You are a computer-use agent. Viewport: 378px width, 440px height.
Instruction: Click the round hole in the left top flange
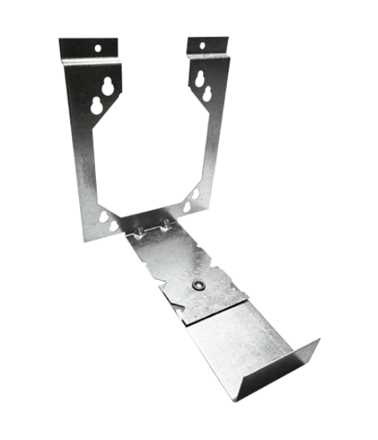(x=97, y=48)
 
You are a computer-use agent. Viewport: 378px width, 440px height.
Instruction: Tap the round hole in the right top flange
(x=201, y=45)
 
